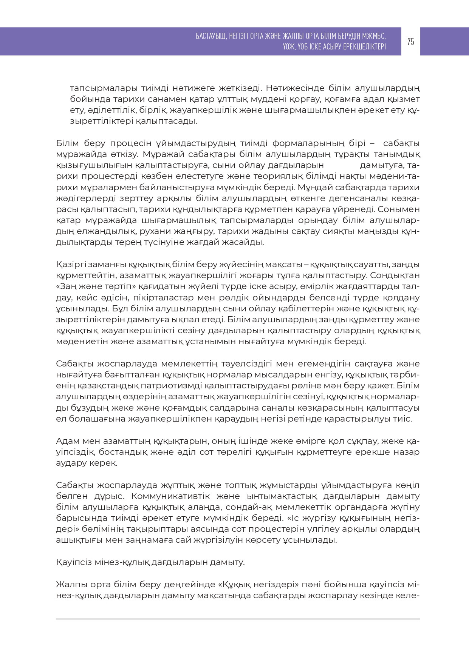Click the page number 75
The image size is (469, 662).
pos(410,42)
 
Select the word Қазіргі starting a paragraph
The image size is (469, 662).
pos(70,265)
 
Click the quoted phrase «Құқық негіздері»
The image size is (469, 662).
pos(257,585)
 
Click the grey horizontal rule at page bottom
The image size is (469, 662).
pos(238,619)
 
